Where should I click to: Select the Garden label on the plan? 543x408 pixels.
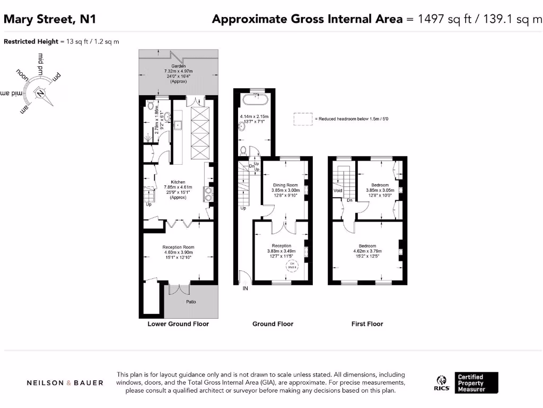pyautogui.click(x=178, y=66)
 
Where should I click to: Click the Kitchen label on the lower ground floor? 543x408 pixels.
pyautogui.click(x=178, y=182)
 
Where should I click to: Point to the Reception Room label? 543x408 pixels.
pyautogui.click(x=178, y=247)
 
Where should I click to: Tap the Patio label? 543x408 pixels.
pyautogui.click(x=191, y=302)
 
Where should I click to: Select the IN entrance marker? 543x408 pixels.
pyautogui.click(x=245, y=288)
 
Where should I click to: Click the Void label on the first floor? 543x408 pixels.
pyautogui.click(x=338, y=190)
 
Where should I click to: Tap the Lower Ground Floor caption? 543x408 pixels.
pyautogui.click(x=178, y=324)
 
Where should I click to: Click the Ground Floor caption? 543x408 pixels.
pyautogui.click(x=273, y=324)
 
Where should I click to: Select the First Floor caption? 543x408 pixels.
pyautogui.click(x=367, y=324)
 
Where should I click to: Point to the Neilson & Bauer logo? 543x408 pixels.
pyautogui.click(x=65, y=382)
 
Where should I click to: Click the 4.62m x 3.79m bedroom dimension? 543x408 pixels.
pyautogui.click(x=367, y=251)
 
